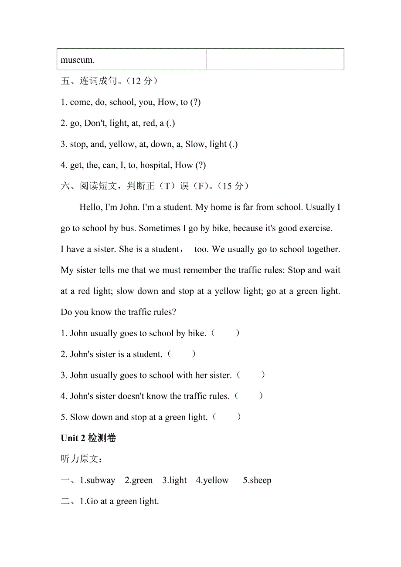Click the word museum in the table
pos(78,60)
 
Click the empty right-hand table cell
pos(275,59)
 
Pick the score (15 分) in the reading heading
pos(235,186)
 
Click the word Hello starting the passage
pos(91,207)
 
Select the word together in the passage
pos(320,249)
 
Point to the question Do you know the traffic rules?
pos(118,312)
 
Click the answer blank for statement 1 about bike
pos(225,333)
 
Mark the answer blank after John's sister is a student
pos(181,354)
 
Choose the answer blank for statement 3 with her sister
pos(250,375)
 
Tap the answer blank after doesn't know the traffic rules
pos(248,396)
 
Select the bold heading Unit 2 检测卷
pos(88,438)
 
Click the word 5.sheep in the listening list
pos(257,480)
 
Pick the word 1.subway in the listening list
pos(98,480)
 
